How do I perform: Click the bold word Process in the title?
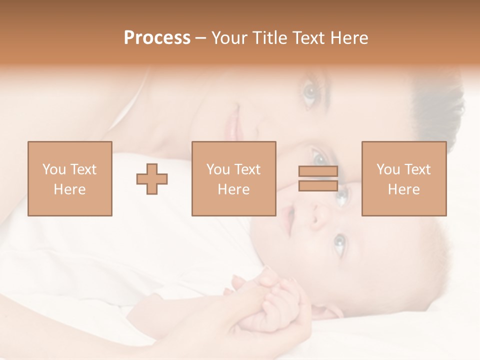coord(157,38)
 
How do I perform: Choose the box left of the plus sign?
coord(69,178)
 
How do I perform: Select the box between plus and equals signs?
coord(233,178)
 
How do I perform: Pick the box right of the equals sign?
coord(403,178)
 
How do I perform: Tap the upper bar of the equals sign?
coord(318,171)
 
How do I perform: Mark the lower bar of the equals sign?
coord(318,185)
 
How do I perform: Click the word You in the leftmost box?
coord(54,169)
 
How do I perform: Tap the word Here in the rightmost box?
coord(403,189)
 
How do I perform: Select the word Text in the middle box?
coord(247,169)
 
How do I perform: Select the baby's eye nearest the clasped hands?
coord(338,243)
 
